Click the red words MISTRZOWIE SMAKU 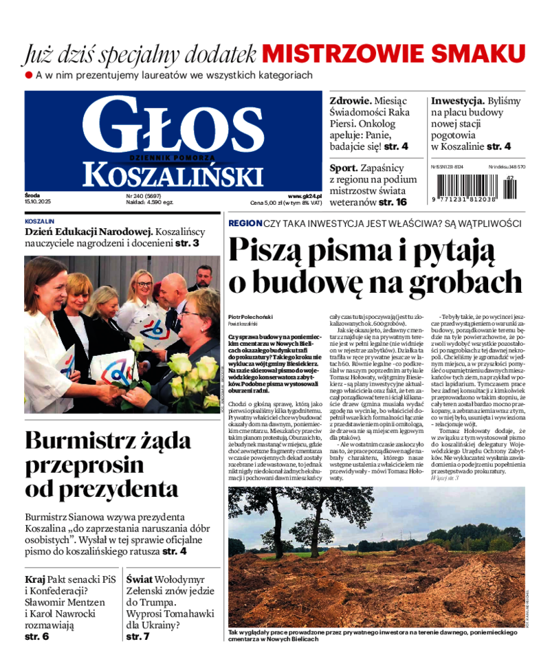pyautogui.click(x=393, y=54)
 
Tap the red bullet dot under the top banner pyautogui.click(x=29, y=74)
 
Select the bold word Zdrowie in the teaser pyautogui.click(x=351, y=100)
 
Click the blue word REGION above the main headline pyautogui.click(x=245, y=223)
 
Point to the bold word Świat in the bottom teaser pyautogui.click(x=140, y=579)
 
